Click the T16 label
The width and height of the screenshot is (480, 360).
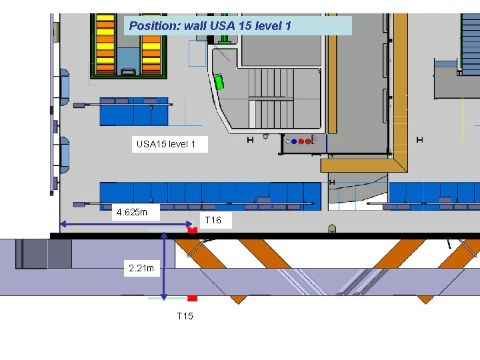213,220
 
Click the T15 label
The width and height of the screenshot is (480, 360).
185,315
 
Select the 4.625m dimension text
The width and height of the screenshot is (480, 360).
136,213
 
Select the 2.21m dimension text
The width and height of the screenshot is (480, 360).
141,269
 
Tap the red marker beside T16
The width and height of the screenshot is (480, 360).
192,230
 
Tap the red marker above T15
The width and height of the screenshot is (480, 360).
192,298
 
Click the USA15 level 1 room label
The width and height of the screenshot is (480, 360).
166,144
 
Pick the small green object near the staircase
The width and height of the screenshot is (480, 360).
219,82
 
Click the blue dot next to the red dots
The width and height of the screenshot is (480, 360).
293,141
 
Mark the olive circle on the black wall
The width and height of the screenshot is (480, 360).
332,229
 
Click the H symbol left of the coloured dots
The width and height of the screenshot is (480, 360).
250,140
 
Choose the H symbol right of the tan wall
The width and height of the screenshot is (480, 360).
419,139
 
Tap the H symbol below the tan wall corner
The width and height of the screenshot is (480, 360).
332,182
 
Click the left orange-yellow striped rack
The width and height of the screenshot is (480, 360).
105,44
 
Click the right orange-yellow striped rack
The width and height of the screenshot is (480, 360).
151,44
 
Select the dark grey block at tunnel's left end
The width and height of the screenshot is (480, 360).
59,254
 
